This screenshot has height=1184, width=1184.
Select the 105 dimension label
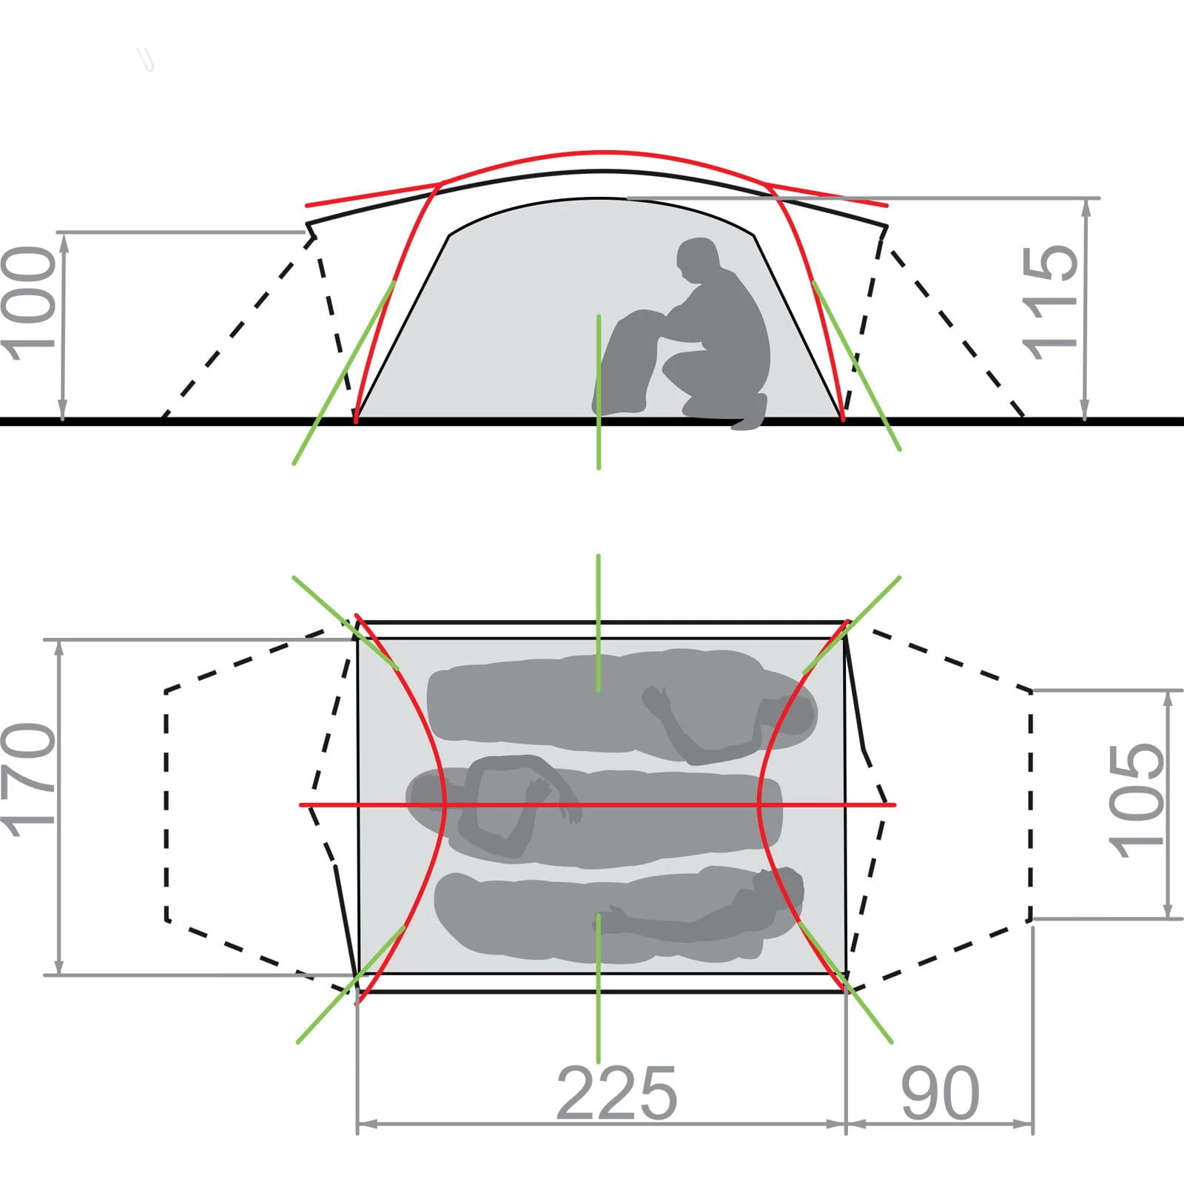pyautogui.click(x=1137, y=800)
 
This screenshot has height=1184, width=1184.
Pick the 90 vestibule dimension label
pyautogui.click(x=941, y=1093)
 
